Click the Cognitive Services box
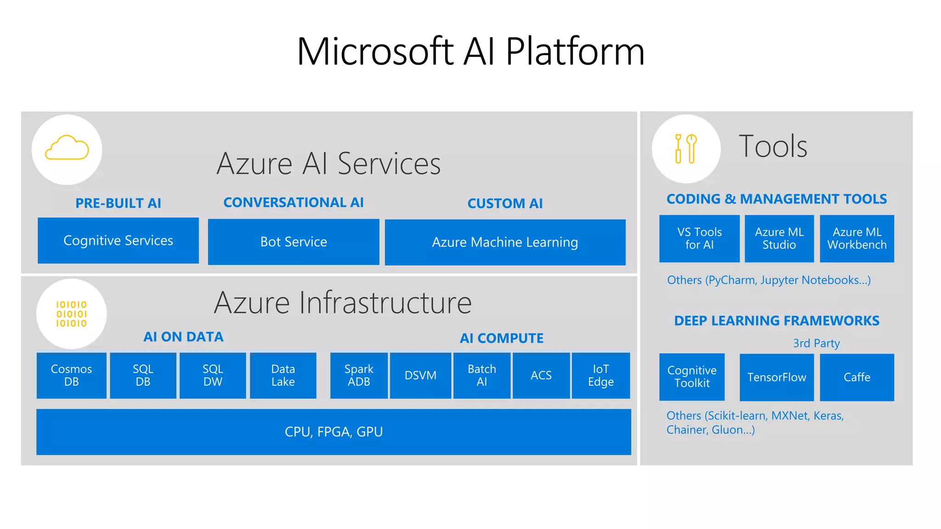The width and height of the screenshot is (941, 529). coord(118,241)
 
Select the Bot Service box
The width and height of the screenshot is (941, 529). coord(294,242)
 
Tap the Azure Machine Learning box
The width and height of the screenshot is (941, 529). coord(505,242)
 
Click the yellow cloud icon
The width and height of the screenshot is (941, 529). coord(67,148)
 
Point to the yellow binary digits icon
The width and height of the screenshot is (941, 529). coord(71,314)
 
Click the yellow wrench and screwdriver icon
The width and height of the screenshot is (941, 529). coord(686,148)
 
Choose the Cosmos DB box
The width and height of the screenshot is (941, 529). coord(71,376)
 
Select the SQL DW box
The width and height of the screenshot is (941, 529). coord(213,376)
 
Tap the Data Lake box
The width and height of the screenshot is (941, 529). coord(283,376)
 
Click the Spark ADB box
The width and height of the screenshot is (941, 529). coord(359,376)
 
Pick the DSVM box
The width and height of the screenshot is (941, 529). coord(420,376)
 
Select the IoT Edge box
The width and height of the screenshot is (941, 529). coord(601,376)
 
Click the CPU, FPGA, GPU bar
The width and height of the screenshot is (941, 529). coord(334,432)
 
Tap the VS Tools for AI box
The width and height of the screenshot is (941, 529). coord(699,239)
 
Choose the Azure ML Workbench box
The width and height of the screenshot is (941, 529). coord(857,239)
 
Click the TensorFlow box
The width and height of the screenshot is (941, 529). coord(777,377)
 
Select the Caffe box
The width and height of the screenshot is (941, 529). coord(857,377)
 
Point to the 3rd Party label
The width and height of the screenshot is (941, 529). coord(816,343)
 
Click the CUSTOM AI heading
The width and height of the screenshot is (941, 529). coord(505,203)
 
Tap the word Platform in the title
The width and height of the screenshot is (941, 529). coord(575,51)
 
